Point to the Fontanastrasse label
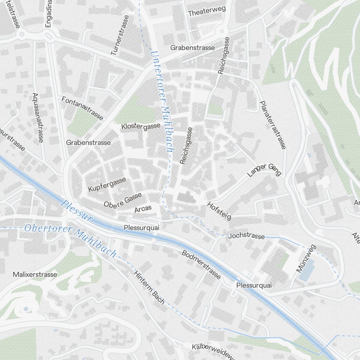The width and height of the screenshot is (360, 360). pyautogui.click(x=82, y=108)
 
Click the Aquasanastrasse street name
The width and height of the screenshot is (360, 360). pyautogui.click(x=37, y=117)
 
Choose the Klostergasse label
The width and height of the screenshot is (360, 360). pyautogui.click(x=141, y=126)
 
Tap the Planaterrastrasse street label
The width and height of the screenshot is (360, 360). pyautogui.click(x=273, y=125)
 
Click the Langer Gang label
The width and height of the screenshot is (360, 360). pyautogui.click(x=264, y=169)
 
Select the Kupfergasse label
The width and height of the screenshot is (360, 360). pyautogui.click(x=107, y=184)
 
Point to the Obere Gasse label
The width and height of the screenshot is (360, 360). pyautogui.click(x=123, y=200)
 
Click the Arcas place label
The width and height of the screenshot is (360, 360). pyautogui.click(x=143, y=209)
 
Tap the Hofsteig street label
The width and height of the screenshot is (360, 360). pyautogui.click(x=219, y=211)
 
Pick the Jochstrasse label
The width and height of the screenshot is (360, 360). pyautogui.click(x=247, y=237)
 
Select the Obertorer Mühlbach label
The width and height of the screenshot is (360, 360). pyautogui.click(x=71, y=240)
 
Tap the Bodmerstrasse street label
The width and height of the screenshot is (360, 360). pyautogui.click(x=201, y=265)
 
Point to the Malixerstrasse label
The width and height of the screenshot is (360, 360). pyautogui.click(x=35, y=275)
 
